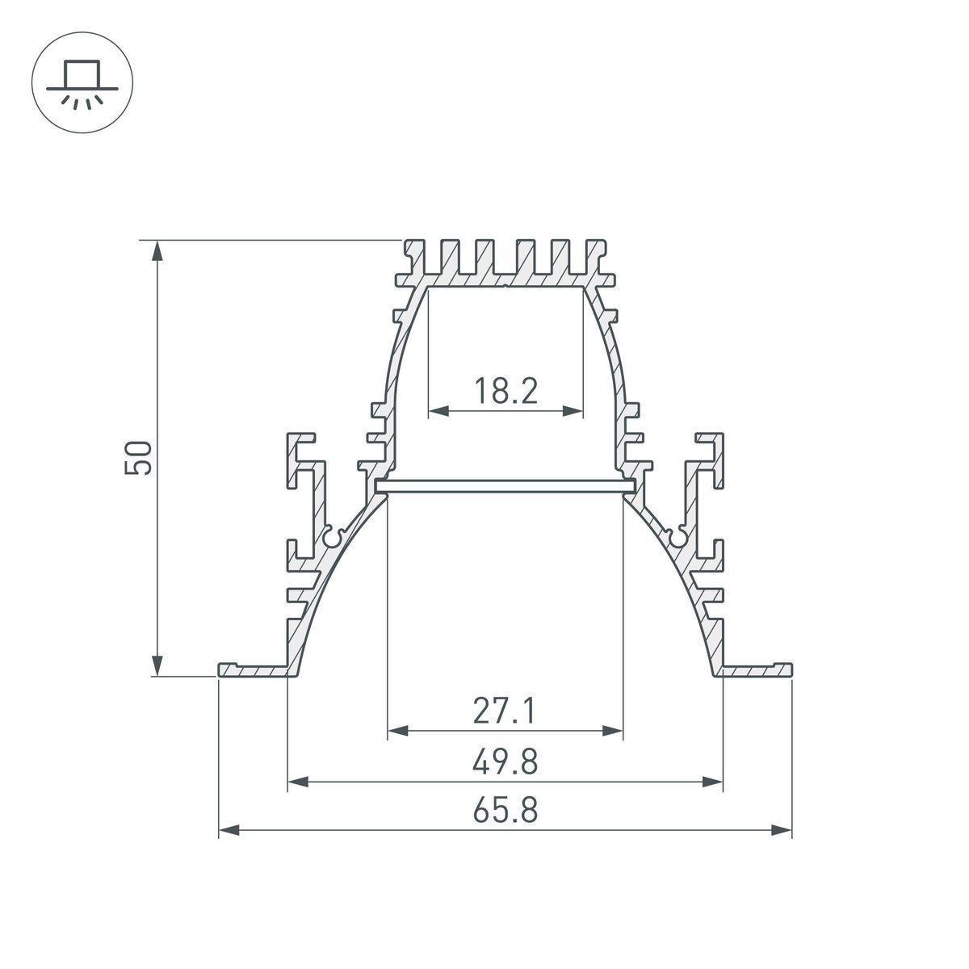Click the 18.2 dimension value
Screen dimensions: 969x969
coord(505,392)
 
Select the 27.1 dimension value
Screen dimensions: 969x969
coord(505,711)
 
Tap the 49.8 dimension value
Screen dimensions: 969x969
coord(505,761)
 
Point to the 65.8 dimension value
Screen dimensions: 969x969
coord(505,810)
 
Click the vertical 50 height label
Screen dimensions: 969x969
coord(138,458)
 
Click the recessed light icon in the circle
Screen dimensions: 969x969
coord(82,82)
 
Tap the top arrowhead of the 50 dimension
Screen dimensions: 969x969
coord(158,250)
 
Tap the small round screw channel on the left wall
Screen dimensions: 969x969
coord(332,537)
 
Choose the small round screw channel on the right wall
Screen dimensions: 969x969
coord(678,537)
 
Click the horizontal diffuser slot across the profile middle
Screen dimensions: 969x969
coord(505,486)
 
